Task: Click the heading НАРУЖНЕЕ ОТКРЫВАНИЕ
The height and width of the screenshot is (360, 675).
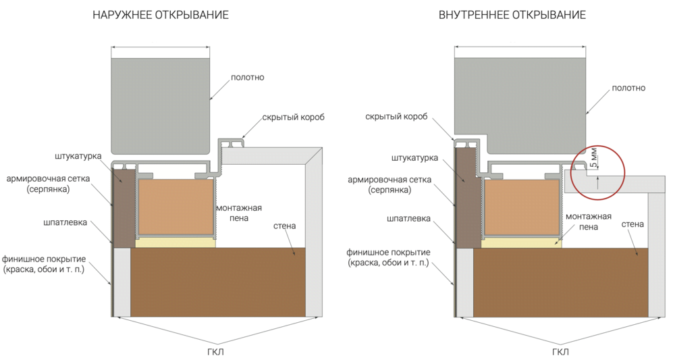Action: pyautogui.click(x=161, y=14)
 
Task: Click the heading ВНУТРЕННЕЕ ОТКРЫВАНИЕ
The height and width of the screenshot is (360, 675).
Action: pyautogui.click(x=512, y=14)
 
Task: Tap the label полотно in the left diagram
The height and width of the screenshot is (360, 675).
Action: pyautogui.click(x=247, y=77)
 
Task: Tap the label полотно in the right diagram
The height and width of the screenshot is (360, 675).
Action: pyautogui.click(x=628, y=88)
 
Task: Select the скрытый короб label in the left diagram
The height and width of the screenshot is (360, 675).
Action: pyautogui.click(x=294, y=117)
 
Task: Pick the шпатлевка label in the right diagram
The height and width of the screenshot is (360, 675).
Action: pyautogui.click(x=409, y=219)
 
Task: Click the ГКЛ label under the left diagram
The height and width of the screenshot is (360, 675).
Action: pyautogui.click(x=216, y=352)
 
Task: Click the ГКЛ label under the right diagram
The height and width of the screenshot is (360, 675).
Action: pyautogui.click(x=560, y=352)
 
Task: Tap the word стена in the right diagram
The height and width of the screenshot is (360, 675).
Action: pyautogui.click(x=632, y=223)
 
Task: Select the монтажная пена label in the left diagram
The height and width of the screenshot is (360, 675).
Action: pyautogui.click(x=238, y=213)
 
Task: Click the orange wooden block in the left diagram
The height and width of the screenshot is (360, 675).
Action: pyautogui.click(x=176, y=207)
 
